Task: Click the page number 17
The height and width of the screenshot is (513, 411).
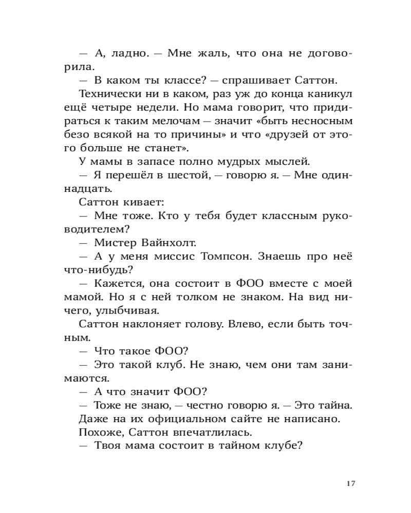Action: point(351,483)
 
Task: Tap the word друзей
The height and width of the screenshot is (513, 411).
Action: point(293,135)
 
